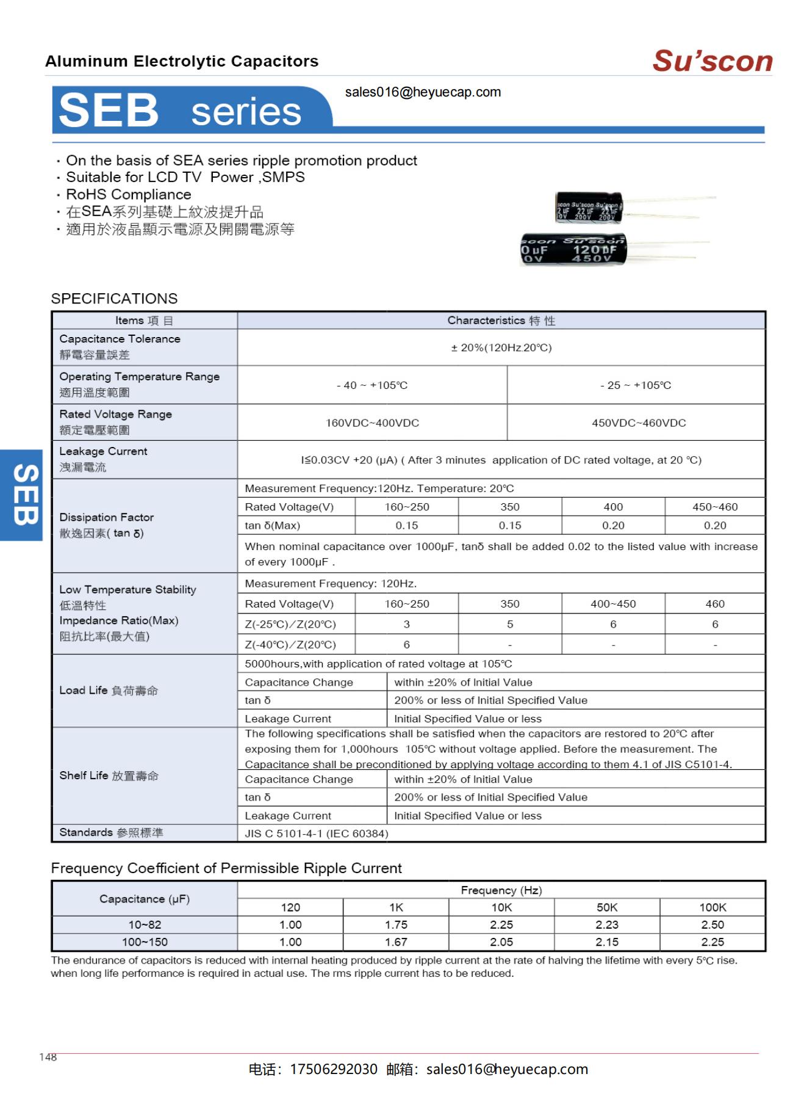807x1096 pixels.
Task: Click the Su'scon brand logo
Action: tap(712, 61)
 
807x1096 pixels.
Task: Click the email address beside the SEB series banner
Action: tap(423, 92)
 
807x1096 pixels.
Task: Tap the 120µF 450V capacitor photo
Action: tap(573, 249)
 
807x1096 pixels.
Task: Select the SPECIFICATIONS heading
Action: tap(114, 299)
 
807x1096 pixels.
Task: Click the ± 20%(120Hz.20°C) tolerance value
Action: tap(501, 347)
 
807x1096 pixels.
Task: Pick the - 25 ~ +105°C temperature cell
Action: tap(636, 385)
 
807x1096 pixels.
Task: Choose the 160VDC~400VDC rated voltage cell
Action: tap(372, 423)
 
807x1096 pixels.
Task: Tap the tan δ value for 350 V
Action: tap(509, 525)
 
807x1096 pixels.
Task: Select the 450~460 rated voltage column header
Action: tap(714, 507)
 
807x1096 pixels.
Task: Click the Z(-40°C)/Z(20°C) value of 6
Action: tap(406, 644)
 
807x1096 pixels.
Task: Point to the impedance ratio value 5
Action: tap(509, 624)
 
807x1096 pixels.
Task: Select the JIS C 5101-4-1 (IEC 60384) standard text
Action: tap(316, 833)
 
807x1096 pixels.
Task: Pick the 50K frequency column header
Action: tap(606, 907)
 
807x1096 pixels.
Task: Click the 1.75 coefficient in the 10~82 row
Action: tap(396, 924)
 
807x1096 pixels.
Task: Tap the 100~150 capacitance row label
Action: tap(145, 942)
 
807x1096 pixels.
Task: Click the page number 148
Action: tap(48, 1057)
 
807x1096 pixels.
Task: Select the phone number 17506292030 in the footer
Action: tap(333, 1069)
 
